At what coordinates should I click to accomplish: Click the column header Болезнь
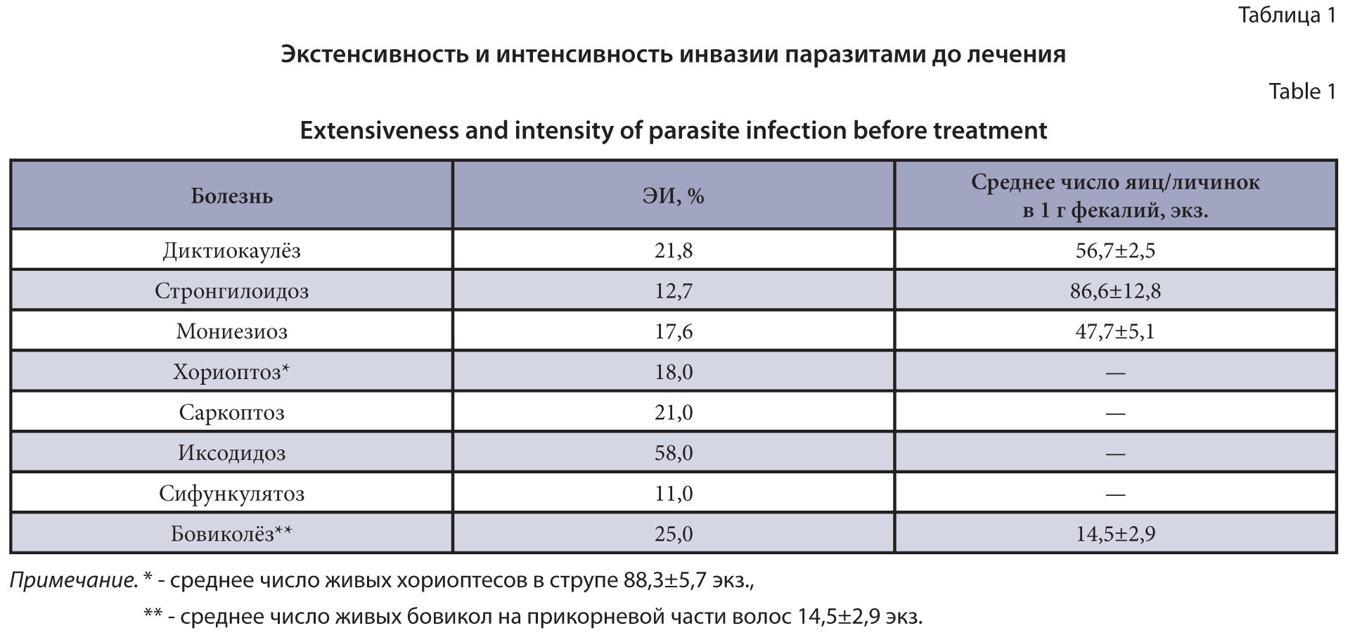point(231,196)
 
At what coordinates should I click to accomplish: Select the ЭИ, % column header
point(673,196)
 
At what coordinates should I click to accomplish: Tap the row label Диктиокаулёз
point(231,250)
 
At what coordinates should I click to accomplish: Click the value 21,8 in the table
point(673,250)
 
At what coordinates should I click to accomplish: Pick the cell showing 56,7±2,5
point(1115,250)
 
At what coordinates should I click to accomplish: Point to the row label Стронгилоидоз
point(231,291)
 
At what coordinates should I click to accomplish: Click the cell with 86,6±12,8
point(1115,291)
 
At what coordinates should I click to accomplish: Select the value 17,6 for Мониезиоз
point(673,331)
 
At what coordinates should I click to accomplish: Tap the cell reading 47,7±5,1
point(1115,331)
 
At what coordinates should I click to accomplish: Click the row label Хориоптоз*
point(231,372)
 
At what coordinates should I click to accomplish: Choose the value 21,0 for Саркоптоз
point(673,412)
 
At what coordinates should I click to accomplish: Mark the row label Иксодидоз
point(231,453)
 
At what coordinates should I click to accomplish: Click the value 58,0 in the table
point(673,453)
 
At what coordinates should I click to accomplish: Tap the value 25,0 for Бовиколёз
point(673,534)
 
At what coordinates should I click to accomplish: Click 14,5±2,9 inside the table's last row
point(1115,534)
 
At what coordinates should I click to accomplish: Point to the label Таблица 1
point(1286,15)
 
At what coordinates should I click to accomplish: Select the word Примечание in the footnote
point(73,580)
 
